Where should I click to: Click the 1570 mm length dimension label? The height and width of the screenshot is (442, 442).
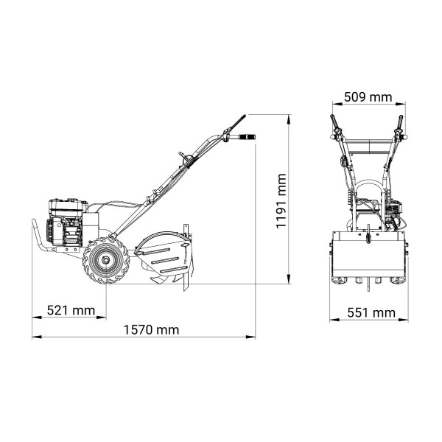[x=151, y=330]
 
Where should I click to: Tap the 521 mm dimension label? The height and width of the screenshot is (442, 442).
[x=71, y=310]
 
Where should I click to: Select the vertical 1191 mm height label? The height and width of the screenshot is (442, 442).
[x=281, y=201]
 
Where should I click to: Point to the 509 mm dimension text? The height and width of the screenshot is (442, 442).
[x=368, y=97]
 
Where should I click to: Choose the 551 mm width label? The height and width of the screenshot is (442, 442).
[x=371, y=313]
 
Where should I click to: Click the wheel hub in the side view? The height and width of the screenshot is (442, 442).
[x=105, y=260]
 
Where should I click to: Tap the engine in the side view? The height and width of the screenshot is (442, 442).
[x=68, y=222]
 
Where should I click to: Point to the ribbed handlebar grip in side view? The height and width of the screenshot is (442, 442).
[x=247, y=137]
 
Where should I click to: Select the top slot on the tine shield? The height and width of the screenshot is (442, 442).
[x=156, y=251]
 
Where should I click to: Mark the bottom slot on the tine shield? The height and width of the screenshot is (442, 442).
[x=174, y=270]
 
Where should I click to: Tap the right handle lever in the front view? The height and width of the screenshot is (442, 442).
[x=401, y=123]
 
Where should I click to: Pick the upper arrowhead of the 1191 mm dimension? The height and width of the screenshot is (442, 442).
[x=288, y=119]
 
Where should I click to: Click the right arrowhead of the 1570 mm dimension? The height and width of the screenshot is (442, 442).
[x=250, y=337]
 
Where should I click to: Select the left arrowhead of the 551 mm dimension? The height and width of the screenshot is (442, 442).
[x=334, y=320]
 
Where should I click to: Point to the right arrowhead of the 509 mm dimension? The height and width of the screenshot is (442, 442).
[x=401, y=104]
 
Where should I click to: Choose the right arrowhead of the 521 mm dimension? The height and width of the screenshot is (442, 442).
[x=102, y=318]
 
